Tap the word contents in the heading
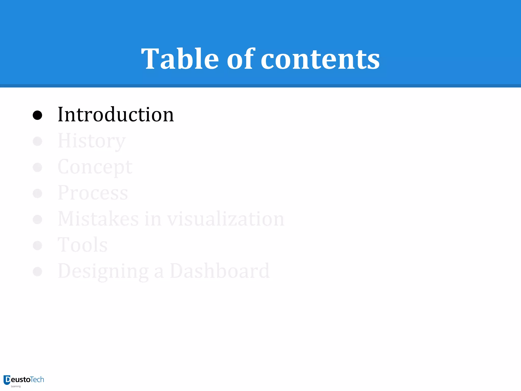320,59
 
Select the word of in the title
240,59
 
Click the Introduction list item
116,115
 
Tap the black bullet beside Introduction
37,115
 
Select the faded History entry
92,141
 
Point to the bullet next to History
37,141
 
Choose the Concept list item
95,167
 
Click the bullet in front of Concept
37,167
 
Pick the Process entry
93,193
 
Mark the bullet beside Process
37,193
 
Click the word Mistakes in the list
98,219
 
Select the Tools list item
83,245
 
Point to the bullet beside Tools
37,245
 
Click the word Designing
103,271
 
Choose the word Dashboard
220,271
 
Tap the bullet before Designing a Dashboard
37,271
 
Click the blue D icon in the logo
7,380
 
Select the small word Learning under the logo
16,386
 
